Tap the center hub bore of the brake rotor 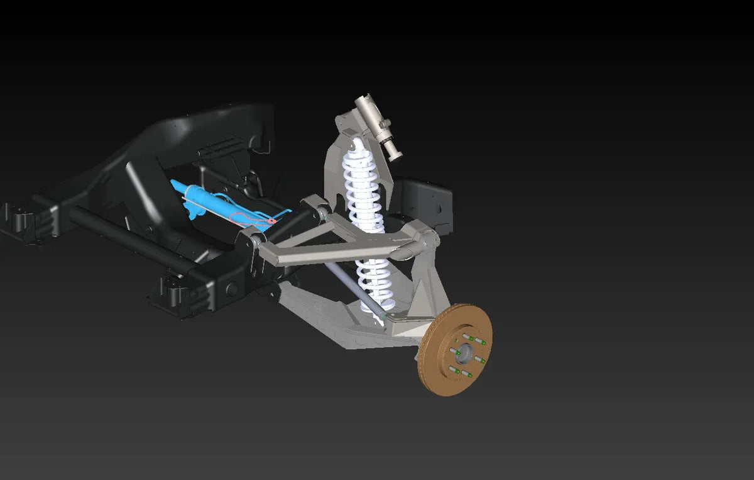point(465,352)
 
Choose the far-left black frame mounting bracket point(25,220)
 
